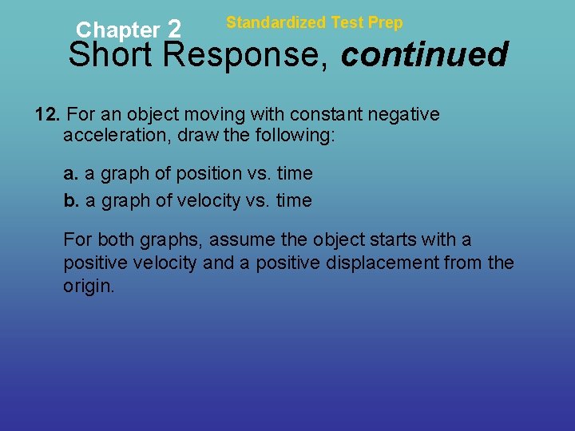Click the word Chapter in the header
tap(117, 30)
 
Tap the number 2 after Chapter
tap(175, 30)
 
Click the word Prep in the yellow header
tap(386, 23)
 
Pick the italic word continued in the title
tap(424, 55)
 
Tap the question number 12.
tap(46, 115)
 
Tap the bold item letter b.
tap(71, 201)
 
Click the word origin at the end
tap(88, 286)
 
